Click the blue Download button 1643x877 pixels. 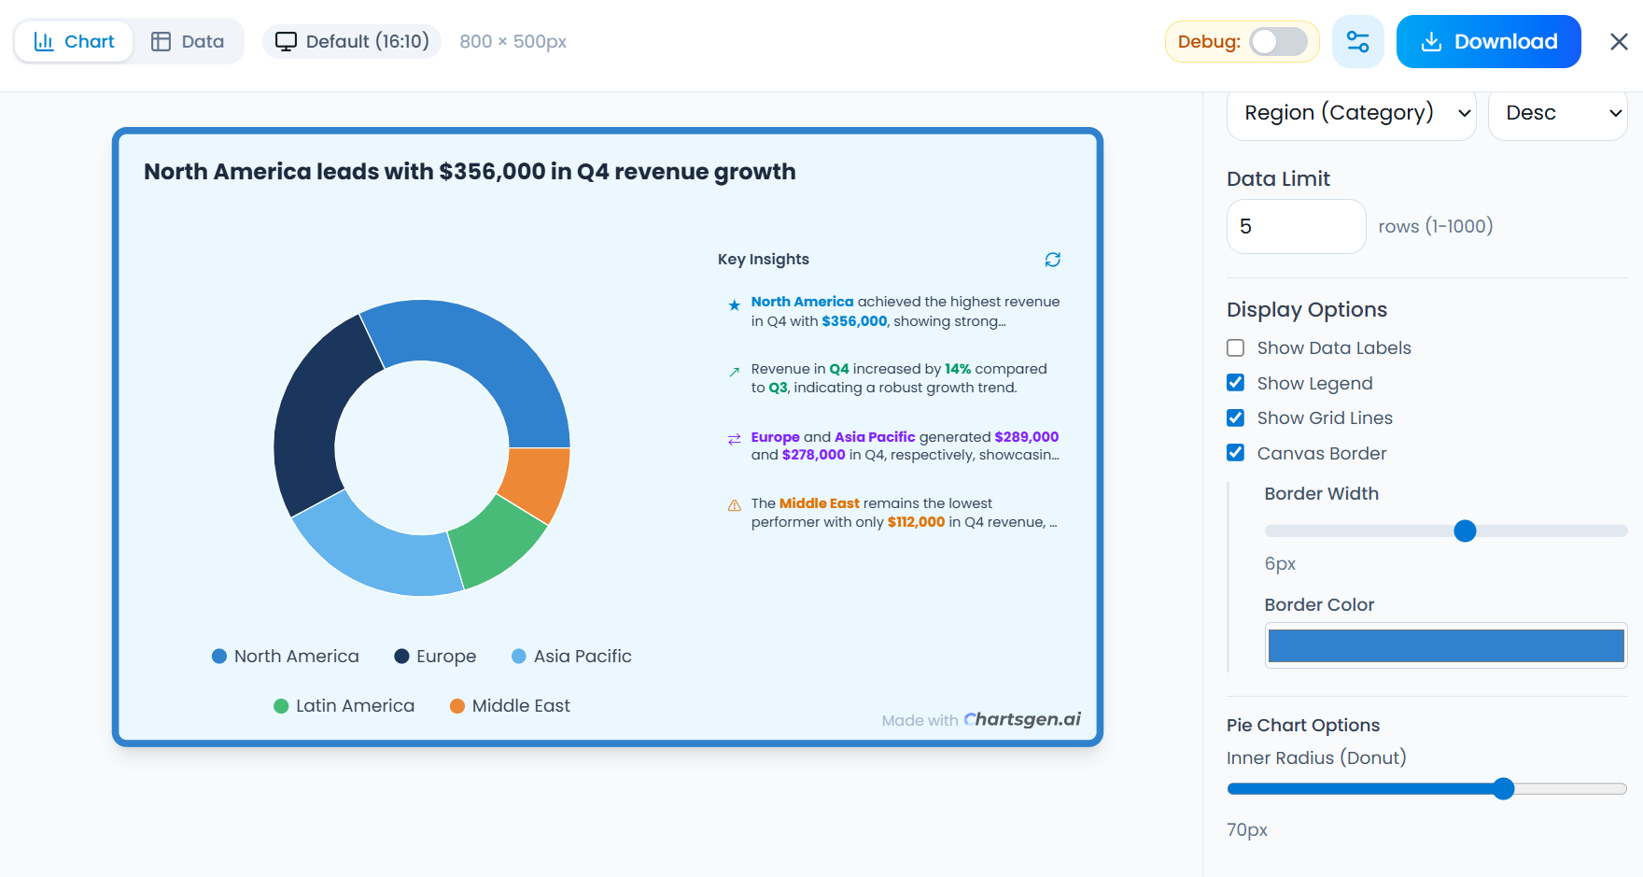point(1488,42)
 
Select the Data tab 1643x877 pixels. point(188,42)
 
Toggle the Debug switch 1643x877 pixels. point(1278,42)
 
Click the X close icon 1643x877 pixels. point(1619,42)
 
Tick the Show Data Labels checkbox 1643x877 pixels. point(1235,348)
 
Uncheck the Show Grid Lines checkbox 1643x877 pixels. point(1235,418)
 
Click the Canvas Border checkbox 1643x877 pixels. point(1235,453)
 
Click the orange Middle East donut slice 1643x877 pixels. point(536,482)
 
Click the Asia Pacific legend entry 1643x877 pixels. point(571,657)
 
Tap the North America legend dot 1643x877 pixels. point(219,657)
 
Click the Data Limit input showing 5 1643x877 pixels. point(1296,227)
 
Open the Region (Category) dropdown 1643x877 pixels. point(1351,114)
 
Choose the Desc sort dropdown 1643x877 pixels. point(1557,114)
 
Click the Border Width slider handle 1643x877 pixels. point(1465,531)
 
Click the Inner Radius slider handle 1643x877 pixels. point(1503,789)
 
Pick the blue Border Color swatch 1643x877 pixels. point(1445,645)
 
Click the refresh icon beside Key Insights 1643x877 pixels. point(1052,260)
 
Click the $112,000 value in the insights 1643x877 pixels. point(916,522)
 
